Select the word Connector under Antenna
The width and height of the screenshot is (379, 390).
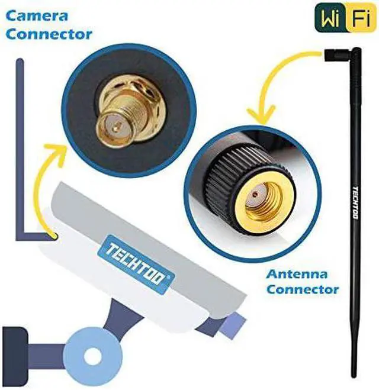(303, 289)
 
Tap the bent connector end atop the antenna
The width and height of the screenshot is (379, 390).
(335, 55)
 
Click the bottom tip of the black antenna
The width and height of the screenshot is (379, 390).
(354, 373)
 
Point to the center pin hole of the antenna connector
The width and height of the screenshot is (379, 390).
(255, 194)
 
